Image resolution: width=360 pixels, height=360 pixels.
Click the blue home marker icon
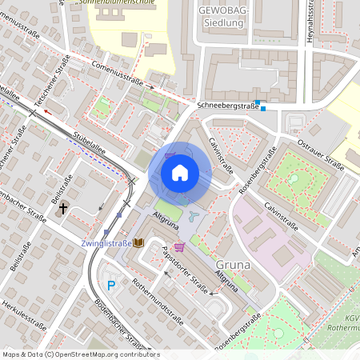pyautogui.click(x=180, y=172)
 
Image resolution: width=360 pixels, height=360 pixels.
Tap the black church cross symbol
pyautogui.click(x=63, y=209)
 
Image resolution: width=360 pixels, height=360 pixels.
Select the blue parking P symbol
pyautogui.click(x=112, y=285)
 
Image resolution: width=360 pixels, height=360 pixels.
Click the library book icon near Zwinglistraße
pyautogui.click(x=138, y=242)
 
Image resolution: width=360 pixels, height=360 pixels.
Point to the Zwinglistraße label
pyautogui.click(x=106, y=242)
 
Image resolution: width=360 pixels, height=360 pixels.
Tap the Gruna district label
pyautogui.click(x=234, y=264)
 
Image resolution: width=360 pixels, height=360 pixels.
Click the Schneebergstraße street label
pyautogui.click(x=227, y=105)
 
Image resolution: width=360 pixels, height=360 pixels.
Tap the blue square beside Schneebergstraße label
pyautogui.click(x=262, y=110)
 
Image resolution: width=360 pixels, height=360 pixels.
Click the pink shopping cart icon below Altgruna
pyautogui.click(x=178, y=247)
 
